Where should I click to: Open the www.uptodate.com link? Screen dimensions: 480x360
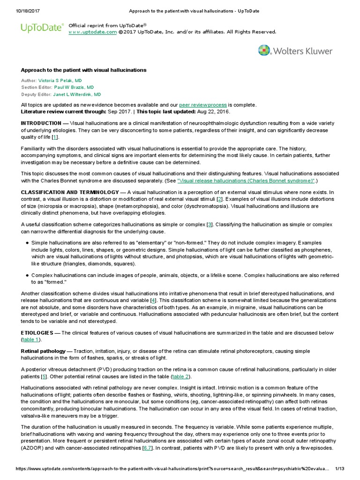(x=92, y=32)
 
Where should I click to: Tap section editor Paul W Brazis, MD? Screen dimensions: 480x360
(x=74, y=87)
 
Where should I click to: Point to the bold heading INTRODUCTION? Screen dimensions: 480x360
(x=41, y=123)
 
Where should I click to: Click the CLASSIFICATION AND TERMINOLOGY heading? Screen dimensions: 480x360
(x=70, y=192)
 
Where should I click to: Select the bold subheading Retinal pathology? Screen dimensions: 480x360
(x=41, y=351)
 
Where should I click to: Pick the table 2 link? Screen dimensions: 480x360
(x=180, y=376)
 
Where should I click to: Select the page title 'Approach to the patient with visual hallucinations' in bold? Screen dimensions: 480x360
(x=84, y=70)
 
